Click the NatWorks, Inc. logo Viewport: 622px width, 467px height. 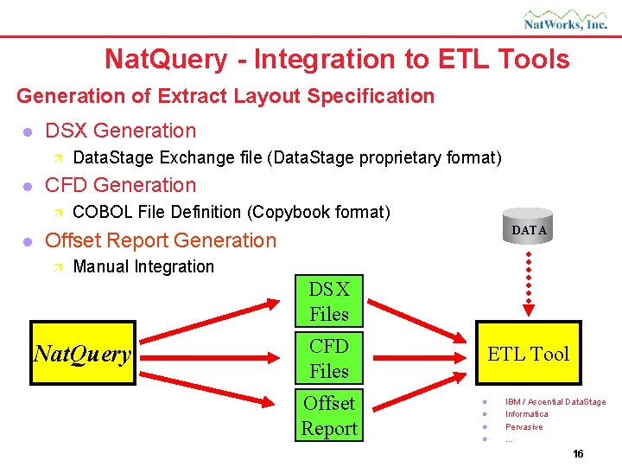[x=565, y=19]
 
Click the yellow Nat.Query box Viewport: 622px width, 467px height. [x=82, y=353]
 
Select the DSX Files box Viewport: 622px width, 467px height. [x=328, y=302]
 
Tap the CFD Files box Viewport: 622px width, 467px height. [x=328, y=358]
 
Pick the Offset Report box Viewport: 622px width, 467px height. [x=328, y=415]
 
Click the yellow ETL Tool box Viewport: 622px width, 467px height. [x=528, y=353]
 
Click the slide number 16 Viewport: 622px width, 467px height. [x=578, y=454]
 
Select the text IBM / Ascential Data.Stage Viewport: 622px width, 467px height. [x=555, y=401]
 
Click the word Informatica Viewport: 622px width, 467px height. [x=526, y=414]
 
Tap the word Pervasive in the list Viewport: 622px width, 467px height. [x=524, y=427]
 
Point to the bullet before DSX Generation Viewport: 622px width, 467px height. [x=27, y=132]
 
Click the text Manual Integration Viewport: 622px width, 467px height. [x=143, y=266]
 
